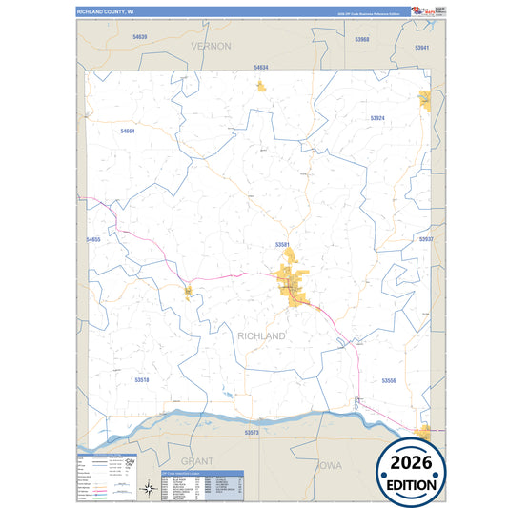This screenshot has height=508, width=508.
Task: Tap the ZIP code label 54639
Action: pos(140,36)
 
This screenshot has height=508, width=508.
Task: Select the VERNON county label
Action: pos(211,46)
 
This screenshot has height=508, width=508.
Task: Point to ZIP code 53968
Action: pos(362,40)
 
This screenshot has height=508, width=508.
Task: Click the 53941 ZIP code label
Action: pos(422,48)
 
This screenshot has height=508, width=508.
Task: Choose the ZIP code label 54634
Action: pos(261,68)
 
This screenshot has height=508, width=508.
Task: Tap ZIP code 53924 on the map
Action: pos(377,118)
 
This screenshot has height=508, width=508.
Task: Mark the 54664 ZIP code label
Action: pos(128,131)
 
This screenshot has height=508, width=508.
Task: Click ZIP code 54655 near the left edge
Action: pos(92,239)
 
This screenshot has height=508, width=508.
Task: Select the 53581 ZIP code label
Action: pos(281,245)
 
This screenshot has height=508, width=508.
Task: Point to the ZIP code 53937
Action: pos(425,239)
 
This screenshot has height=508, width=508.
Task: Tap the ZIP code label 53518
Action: pos(141,379)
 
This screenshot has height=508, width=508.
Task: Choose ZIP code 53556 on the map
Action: pos(388,379)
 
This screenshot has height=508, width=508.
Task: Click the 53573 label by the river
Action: pos(252,432)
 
